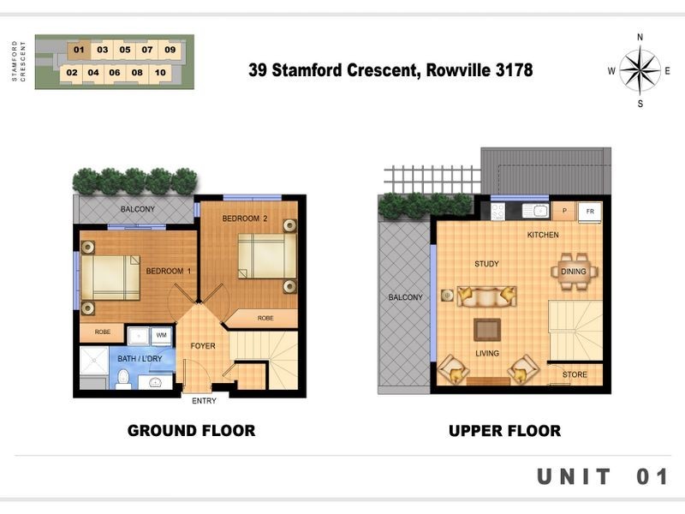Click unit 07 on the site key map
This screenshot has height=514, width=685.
(x=147, y=50)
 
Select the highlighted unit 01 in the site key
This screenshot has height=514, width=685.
(x=79, y=50)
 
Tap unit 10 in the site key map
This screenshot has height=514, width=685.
(x=160, y=73)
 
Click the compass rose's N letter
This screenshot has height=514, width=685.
(x=640, y=37)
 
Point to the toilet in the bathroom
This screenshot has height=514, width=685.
(x=123, y=380)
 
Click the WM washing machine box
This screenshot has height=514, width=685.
(x=161, y=336)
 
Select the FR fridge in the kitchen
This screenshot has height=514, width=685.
(x=590, y=212)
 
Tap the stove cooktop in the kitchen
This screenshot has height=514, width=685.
(x=498, y=212)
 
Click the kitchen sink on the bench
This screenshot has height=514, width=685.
(x=536, y=211)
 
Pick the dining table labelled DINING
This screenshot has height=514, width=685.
(x=574, y=272)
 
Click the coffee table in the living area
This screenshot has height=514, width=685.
(x=487, y=330)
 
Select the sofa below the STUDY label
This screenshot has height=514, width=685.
(x=486, y=296)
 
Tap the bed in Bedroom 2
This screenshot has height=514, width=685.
(x=267, y=256)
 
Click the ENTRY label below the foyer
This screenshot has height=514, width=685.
(x=204, y=401)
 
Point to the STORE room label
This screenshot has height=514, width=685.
(x=575, y=374)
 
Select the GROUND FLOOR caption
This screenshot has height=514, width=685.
(x=191, y=431)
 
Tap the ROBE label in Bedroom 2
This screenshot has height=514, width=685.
(x=265, y=318)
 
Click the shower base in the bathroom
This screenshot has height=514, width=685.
(x=94, y=361)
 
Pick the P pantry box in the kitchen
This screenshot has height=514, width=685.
(x=564, y=211)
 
